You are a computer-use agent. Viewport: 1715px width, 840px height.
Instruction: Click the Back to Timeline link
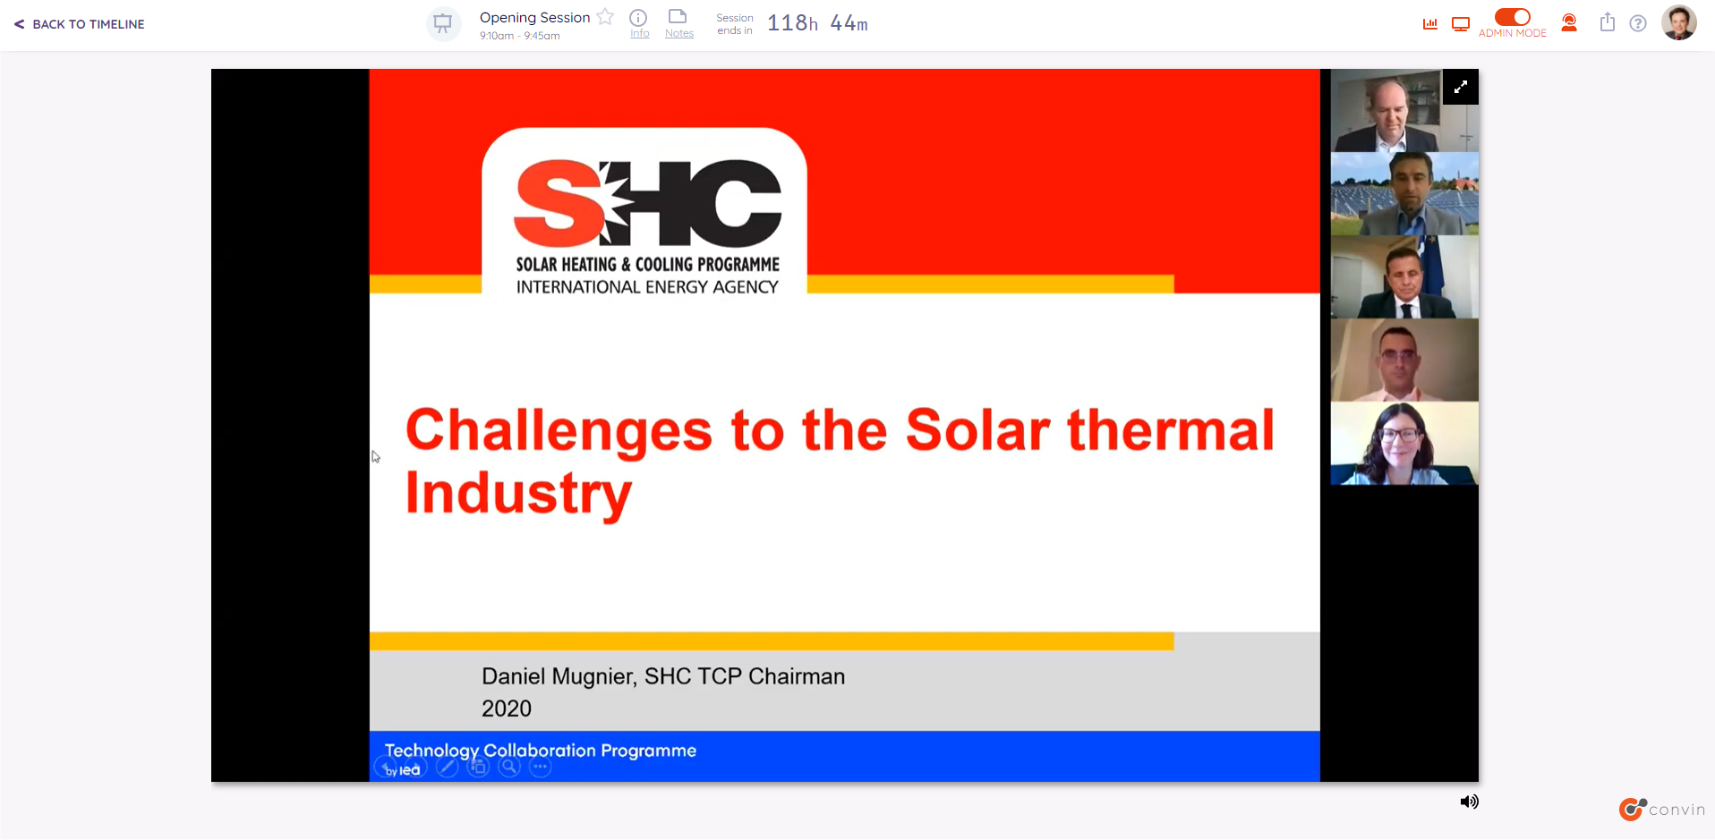tap(80, 24)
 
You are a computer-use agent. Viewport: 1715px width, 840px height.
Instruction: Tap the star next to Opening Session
tap(606, 17)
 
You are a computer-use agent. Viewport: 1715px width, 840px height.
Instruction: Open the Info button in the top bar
tap(639, 23)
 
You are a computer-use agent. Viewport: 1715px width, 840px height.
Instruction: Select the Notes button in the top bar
tap(678, 23)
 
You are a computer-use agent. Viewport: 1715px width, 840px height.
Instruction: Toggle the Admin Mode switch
tap(1512, 17)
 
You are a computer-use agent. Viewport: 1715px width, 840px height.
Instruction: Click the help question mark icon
tap(1638, 23)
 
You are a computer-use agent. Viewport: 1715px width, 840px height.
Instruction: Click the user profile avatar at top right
tap(1679, 22)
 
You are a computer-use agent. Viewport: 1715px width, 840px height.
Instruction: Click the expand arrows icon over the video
tap(1461, 87)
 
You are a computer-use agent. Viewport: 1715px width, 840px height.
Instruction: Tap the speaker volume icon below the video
tap(1470, 802)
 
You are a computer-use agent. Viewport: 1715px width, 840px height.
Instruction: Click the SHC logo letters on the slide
tap(647, 203)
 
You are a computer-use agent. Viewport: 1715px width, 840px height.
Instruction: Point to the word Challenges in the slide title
tap(559, 430)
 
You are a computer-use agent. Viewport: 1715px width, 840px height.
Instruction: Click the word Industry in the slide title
tap(519, 494)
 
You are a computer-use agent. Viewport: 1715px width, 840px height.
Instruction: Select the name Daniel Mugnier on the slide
tap(558, 676)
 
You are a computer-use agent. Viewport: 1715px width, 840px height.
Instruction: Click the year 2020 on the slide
tap(507, 708)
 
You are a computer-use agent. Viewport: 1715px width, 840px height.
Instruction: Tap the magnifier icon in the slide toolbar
tap(509, 767)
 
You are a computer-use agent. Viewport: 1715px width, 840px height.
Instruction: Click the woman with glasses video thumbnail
tap(1404, 444)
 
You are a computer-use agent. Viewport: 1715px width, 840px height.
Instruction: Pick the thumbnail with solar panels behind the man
tap(1404, 194)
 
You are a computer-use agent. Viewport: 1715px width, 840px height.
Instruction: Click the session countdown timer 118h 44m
tap(817, 23)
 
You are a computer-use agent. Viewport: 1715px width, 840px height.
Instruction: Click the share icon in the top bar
tap(1608, 22)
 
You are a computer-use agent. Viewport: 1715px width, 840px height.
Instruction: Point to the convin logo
tap(1662, 809)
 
